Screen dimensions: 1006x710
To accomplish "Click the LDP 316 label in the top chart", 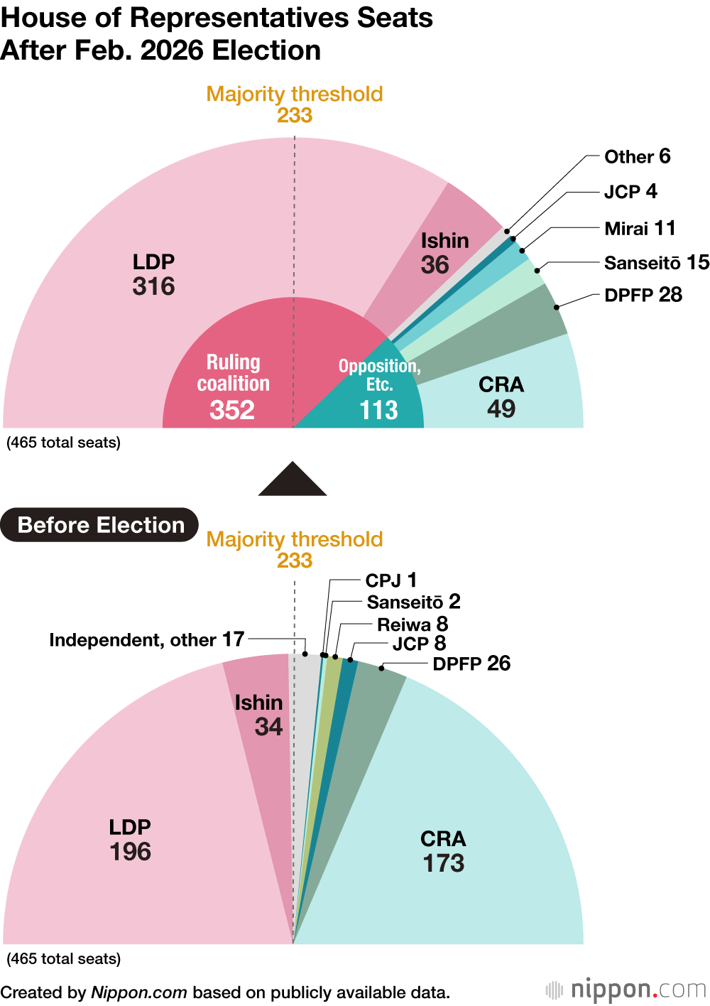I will tap(153, 274).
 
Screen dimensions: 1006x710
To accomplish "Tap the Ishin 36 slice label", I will tap(444, 253).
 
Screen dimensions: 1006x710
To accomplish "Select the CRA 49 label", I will tap(501, 396).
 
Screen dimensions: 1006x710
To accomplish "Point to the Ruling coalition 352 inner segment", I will tap(233, 386).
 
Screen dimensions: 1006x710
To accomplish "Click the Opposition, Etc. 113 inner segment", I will tap(379, 389).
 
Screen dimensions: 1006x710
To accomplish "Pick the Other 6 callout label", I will tap(637, 156).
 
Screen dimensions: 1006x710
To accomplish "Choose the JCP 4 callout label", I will tap(630, 192).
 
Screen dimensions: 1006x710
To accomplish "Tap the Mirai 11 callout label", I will tap(640, 228).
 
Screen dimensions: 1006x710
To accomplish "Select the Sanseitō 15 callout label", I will tap(656, 263).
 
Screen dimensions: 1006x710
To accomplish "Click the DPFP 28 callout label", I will tap(643, 295).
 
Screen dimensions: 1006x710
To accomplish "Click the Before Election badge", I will tap(100, 525).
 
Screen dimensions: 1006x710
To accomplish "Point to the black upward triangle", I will tap(293, 480).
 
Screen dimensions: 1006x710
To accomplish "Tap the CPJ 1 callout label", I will tap(390, 580).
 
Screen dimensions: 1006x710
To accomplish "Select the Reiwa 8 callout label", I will tap(413, 624).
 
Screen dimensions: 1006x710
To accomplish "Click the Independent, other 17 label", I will tap(146, 639).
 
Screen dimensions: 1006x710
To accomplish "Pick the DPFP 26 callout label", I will tap(471, 664).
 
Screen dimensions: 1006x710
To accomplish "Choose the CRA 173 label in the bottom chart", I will tap(444, 851).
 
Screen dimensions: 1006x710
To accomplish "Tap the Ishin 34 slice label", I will tap(259, 715).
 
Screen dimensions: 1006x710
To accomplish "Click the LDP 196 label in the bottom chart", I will tap(130, 840).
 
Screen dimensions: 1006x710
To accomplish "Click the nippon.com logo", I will tap(626, 989).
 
